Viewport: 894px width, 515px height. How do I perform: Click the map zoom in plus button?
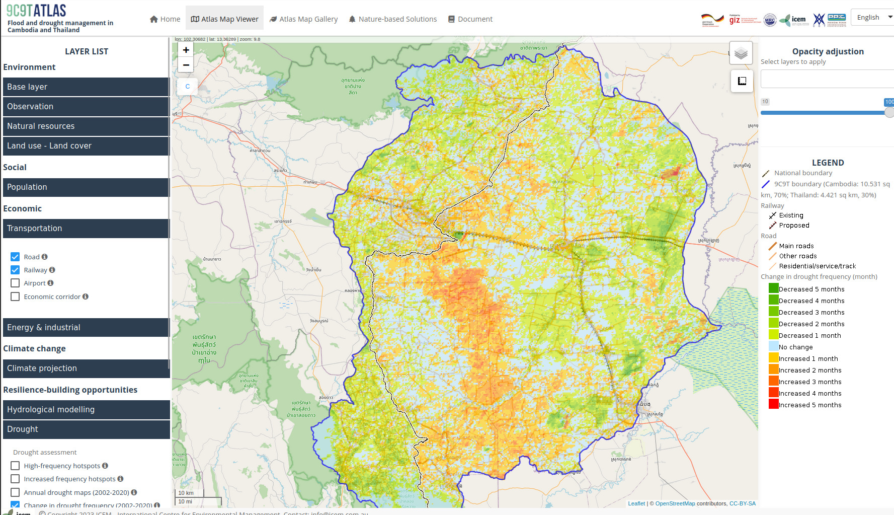point(186,50)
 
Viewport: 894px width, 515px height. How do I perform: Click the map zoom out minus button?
point(186,65)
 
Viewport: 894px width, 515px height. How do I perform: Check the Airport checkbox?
point(15,283)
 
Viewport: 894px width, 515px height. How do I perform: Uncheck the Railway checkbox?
point(15,270)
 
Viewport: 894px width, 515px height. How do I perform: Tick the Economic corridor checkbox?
point(15,297)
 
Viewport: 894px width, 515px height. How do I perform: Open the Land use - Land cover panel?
point(86,146)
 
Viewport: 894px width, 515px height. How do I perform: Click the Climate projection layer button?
point(86,369)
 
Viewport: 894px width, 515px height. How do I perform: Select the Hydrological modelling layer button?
point(86,410)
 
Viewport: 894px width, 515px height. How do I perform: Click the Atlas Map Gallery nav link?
point(303,19)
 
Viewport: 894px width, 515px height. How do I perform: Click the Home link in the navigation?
point(165,19)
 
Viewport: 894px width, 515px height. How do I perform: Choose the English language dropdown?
point(873,17)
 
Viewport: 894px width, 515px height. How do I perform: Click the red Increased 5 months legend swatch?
point(773,404)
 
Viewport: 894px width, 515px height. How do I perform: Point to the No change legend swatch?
point(773,346)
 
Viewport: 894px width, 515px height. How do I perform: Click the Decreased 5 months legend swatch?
point(773,288)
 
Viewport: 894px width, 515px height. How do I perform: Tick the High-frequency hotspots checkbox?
point(15,466)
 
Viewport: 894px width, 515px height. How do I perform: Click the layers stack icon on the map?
point(741,53)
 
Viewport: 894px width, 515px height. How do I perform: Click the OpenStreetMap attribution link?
point(675,503)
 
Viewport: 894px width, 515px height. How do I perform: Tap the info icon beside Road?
point(45,257)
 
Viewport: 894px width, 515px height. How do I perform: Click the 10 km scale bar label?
point(186,493)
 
